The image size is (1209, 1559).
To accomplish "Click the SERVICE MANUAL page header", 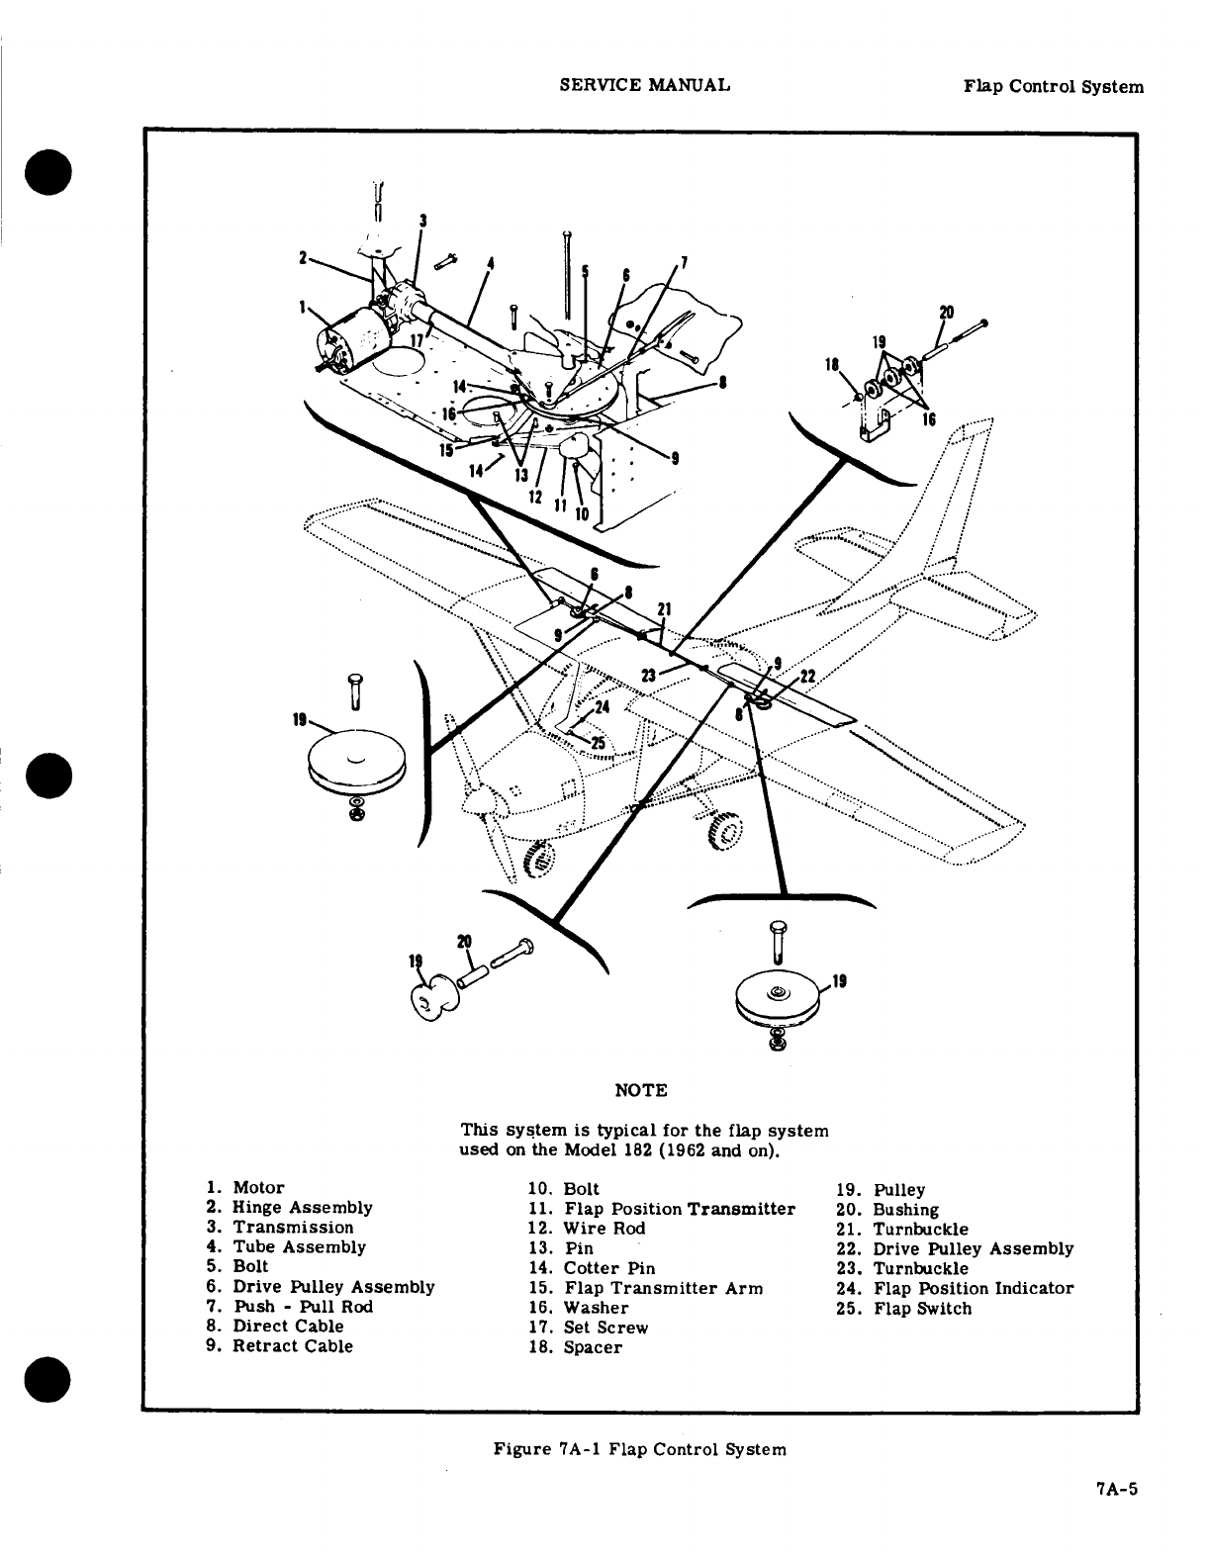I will (644, 85).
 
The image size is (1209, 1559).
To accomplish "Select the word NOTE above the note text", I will (640, 1090).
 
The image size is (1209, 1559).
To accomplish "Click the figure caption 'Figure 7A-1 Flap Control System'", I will (640, 1449).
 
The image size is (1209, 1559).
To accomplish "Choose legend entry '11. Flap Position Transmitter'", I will (662, 1209).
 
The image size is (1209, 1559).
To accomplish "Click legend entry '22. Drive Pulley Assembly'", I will (955, 1248).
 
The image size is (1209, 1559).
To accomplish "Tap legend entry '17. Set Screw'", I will (589, 1328).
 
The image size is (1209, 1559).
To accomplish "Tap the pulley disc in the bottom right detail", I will (780, 997).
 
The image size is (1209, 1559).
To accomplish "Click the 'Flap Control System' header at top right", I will (1054, 86).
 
